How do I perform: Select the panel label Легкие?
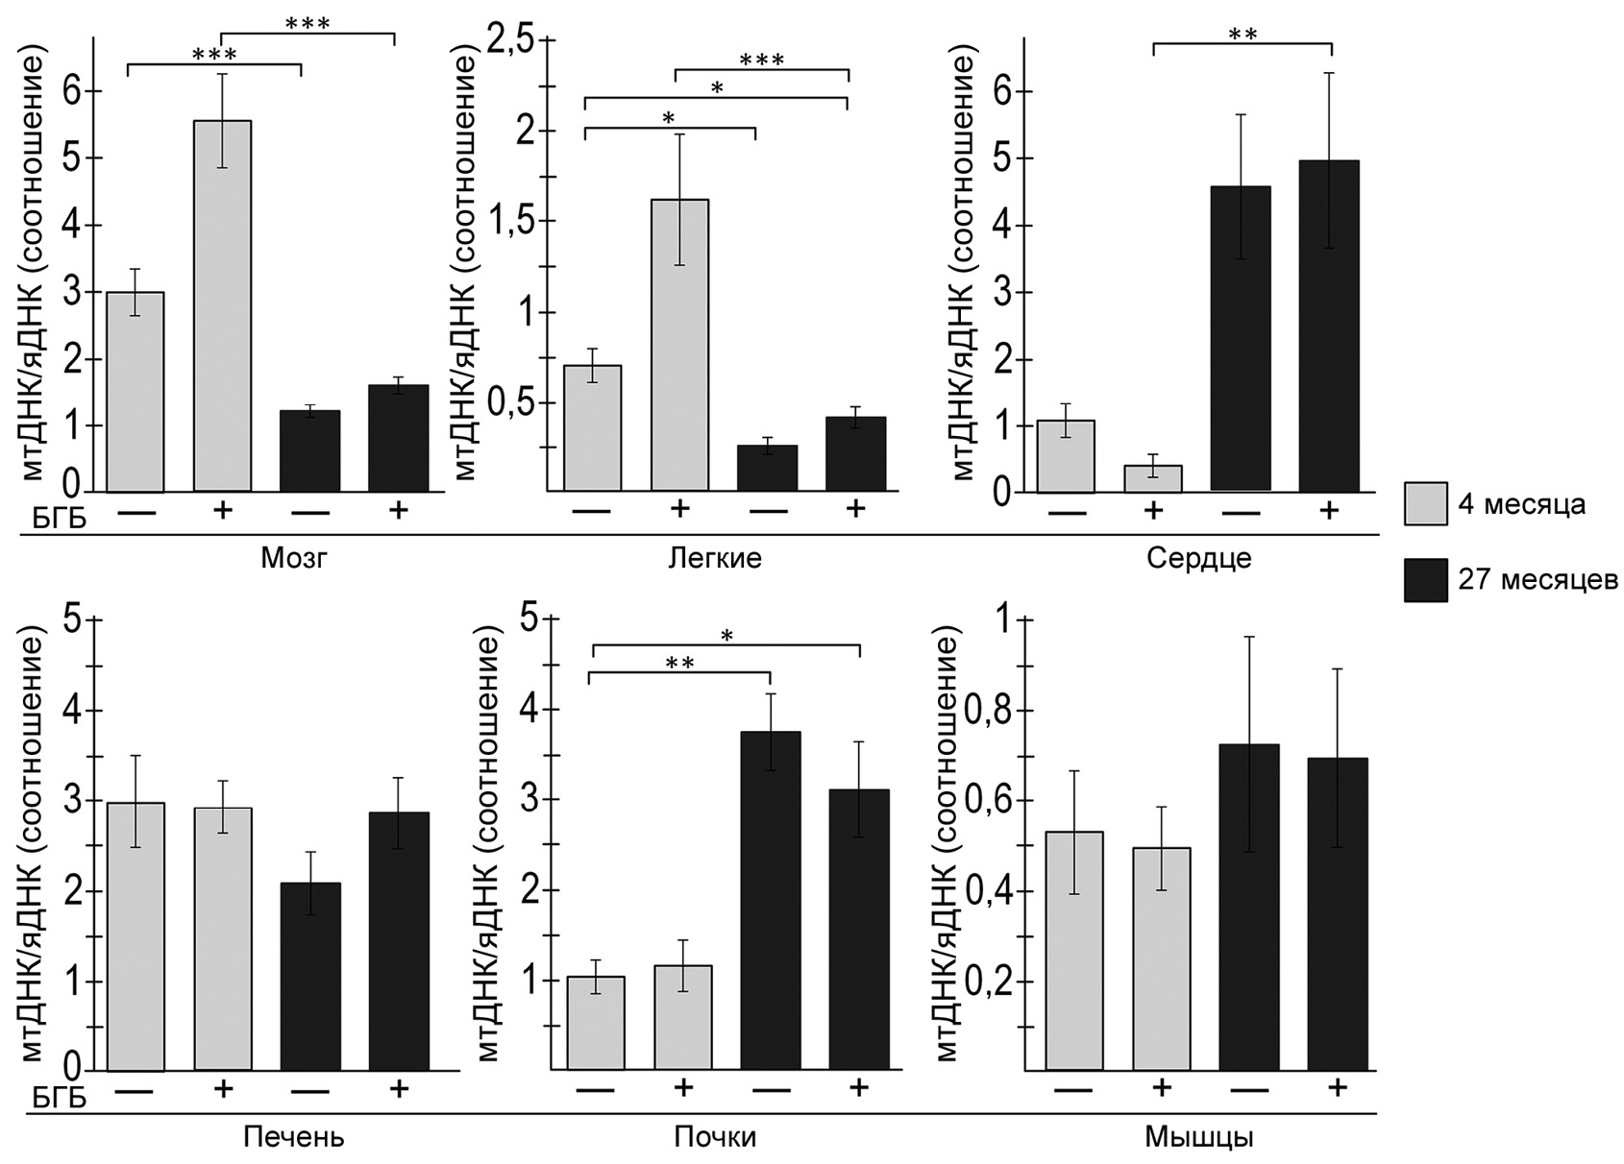coord(714,558)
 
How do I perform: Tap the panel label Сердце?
coord(1199,558)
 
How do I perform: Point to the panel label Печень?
coord(293,1138)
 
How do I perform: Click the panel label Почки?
coord(714,1138)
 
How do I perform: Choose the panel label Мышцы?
coord(1199,1138)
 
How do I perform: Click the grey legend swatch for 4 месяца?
coord(1425,504)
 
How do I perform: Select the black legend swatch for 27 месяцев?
coord(1425,580)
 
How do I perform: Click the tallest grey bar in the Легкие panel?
coord(679,346)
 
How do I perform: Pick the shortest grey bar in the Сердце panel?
coord(1153,478)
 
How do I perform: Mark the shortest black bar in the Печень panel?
coord(310,976)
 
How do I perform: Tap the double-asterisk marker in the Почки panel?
coord(679,663)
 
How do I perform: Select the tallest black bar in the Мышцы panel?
coord(1249,907)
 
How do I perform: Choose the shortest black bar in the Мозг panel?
coord(310,451)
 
